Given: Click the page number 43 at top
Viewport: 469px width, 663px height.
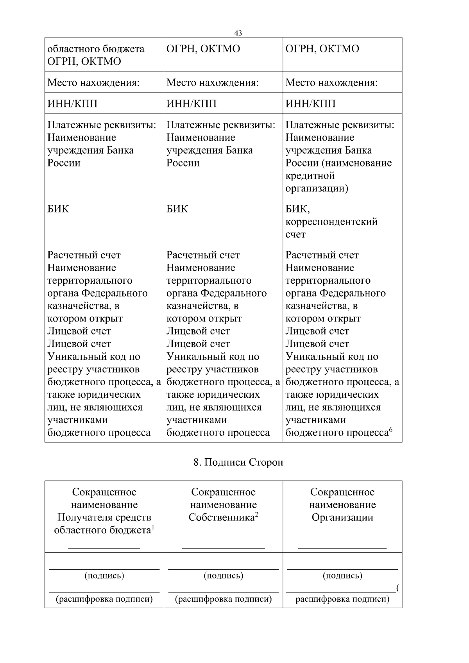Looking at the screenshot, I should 238,33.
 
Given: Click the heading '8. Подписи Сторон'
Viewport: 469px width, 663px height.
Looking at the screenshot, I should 238,462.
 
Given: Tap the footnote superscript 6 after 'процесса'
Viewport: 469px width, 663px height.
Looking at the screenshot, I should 390,430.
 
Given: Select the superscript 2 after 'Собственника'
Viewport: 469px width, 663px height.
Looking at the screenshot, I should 257,515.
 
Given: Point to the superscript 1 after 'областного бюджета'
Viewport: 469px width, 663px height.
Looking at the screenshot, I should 153,527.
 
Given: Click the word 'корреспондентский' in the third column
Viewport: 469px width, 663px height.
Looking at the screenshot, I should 331,222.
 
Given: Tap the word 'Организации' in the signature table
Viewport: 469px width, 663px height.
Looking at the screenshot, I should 342,517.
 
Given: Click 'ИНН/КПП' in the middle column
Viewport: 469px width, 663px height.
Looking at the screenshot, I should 192,104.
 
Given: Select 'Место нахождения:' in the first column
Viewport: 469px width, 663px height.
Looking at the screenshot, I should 93,82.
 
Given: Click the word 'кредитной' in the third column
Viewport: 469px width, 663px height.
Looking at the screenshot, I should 310,175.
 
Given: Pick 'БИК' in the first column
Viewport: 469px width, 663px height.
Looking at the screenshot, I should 58,209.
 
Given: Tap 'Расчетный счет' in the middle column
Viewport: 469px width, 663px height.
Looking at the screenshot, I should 203,255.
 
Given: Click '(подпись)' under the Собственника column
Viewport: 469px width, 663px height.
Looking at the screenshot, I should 223,575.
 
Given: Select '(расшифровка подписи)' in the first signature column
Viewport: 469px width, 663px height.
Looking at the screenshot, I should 104,599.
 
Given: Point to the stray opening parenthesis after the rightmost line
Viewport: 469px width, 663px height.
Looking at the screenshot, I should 397,588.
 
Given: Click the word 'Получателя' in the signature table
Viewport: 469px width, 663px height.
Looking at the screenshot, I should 84,517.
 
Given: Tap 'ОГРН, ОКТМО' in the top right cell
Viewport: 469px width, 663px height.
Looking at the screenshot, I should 322,49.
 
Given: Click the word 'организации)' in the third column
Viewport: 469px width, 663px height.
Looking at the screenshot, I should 317,188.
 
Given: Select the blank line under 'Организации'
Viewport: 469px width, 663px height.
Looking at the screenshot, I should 342,548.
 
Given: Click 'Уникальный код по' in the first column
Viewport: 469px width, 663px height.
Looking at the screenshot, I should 93,356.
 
